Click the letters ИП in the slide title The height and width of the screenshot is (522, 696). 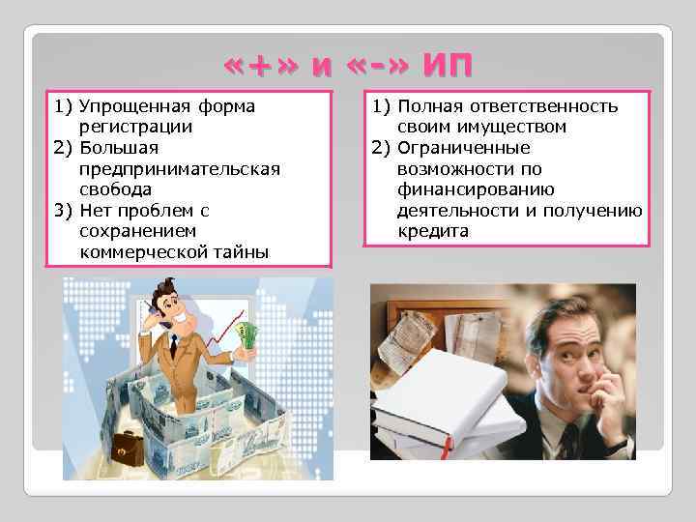(x=448, y=66)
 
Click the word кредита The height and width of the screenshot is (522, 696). (x=432, y=232)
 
